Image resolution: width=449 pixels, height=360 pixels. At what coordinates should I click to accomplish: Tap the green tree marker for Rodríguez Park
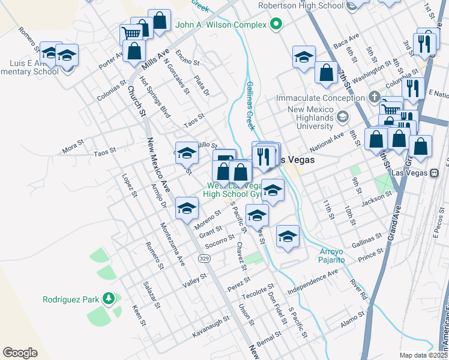point(108,298)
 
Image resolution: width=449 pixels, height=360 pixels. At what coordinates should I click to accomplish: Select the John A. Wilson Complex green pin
point(276,25)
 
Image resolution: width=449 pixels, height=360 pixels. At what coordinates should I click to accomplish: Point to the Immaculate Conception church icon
point(373,97)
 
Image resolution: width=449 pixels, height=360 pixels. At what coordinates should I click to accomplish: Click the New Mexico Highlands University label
point(310,118)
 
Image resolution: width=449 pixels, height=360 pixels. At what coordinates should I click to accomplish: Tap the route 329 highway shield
point(204,257)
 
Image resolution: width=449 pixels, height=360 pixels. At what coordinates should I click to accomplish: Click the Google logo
point(20,353)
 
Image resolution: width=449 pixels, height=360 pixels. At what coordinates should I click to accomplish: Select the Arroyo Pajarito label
point(331,256)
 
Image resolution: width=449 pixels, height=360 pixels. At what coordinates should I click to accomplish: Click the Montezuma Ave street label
point(172,244)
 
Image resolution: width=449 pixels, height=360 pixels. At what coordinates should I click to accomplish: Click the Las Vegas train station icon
point(433,173)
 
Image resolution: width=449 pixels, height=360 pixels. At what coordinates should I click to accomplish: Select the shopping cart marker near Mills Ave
point(130,32)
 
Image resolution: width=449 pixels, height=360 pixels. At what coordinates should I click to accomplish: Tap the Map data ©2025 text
point(423,355)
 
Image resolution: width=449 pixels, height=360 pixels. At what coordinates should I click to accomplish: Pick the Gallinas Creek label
point(251,106)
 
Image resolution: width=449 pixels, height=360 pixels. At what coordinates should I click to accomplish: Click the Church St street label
point(136,100)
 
